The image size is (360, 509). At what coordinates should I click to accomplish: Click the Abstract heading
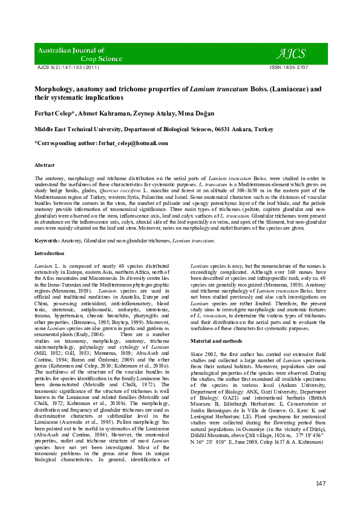[x=45, y=165]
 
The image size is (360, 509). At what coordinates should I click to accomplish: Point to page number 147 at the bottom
[x=320, y=483]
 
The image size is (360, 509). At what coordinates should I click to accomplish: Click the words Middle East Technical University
[x=76, y=129]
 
